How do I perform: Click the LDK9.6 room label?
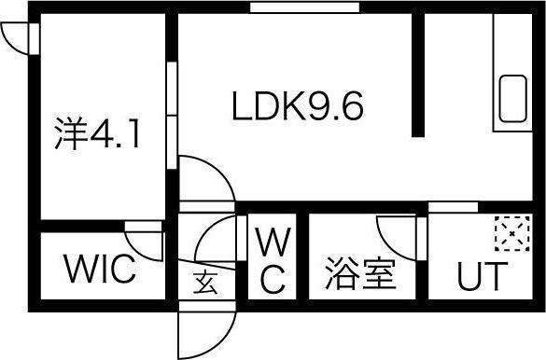[x=297, y=107]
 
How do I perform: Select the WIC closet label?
[x=100, y=271]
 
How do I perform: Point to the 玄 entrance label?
[x=204, y=280]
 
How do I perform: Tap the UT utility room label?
[x=482, y=277]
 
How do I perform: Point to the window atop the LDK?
[x=304, y=8]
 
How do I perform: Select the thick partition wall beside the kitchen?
[x=420, y=75]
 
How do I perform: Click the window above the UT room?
[x=453, y=206]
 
